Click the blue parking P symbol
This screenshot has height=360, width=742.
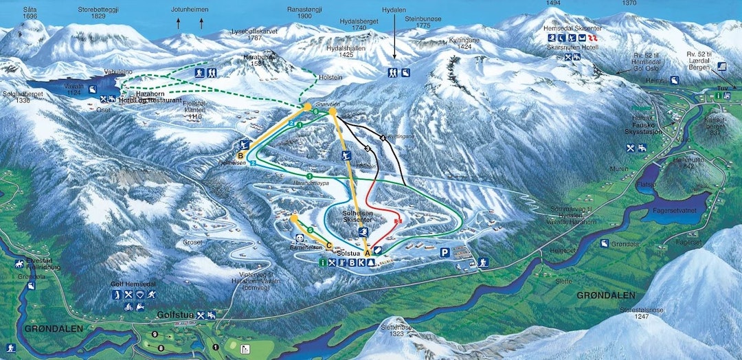pyautogui.click(x=445, y=253)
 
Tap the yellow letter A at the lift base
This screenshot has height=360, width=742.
pyautogui.click(x=367, y=252)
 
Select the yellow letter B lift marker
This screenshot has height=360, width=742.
pyautogui.click(x=240, y=156)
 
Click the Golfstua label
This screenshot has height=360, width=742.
pyautogui.click(x=172, y=315)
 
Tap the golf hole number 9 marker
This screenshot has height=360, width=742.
pyautogui.click(x=155, y=334)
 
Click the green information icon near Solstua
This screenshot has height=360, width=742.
pyautogui.click(x=322, y=262)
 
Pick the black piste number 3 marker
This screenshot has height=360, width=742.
pyautogui.click(x=368, y=148)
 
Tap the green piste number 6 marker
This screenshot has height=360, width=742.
pyautogui.click(x=315, y=111)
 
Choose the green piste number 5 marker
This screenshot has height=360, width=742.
pyautogui.click(x=311, y=229)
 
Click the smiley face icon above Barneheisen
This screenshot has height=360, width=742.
pyautogui.click(x=299, y=238)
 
